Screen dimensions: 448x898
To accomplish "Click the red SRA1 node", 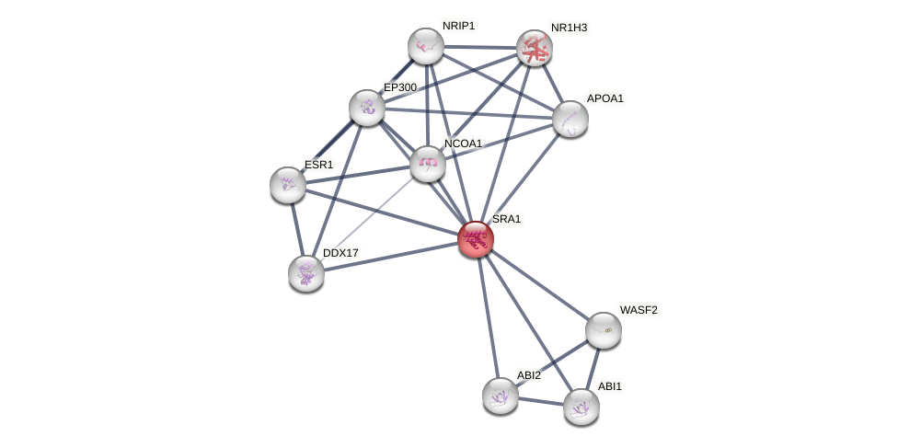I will click(476, 239).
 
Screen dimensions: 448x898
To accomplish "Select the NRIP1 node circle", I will click(426, 46).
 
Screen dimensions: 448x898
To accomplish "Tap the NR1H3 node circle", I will click(534, 48).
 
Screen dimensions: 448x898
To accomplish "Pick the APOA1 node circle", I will click(570, 118).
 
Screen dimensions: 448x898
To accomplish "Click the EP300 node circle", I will click(367, 108).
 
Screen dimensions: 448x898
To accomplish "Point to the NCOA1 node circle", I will click(428, 164).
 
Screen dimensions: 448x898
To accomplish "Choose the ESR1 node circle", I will click(288, 185).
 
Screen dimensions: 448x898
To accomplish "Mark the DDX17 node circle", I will click(306, 273).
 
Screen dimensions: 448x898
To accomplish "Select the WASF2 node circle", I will click(604, 330).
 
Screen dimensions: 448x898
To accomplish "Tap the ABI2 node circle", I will click(501, 396).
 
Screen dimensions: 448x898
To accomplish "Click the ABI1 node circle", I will click(581, 407).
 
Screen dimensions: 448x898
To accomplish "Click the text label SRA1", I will click(506, 219).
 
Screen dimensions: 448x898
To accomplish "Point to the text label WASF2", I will click(639, 310).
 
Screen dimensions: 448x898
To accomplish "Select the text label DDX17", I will click(340, 253).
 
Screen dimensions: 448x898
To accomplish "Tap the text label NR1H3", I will click(569, 28).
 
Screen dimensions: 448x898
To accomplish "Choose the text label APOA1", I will click(605, 98).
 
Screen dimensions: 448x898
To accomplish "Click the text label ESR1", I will click(319, 165).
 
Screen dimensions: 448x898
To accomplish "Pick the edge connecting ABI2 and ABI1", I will click(541, 401).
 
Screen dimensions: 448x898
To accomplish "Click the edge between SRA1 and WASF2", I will click(540, 285).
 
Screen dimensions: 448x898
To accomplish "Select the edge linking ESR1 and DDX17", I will click(297, 229).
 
